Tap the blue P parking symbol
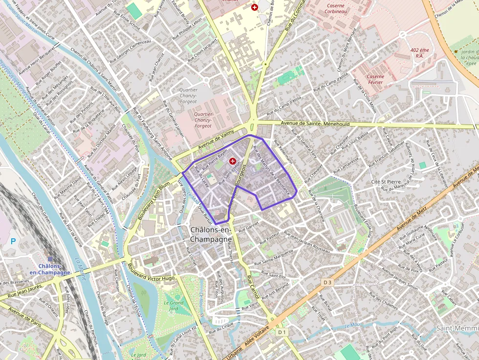pos(13,241)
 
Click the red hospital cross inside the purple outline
pos(233,161)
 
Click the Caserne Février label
pos(375,80)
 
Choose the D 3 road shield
pos(327,282)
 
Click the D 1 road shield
pos(282,332)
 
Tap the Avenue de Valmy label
pos(217,141)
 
